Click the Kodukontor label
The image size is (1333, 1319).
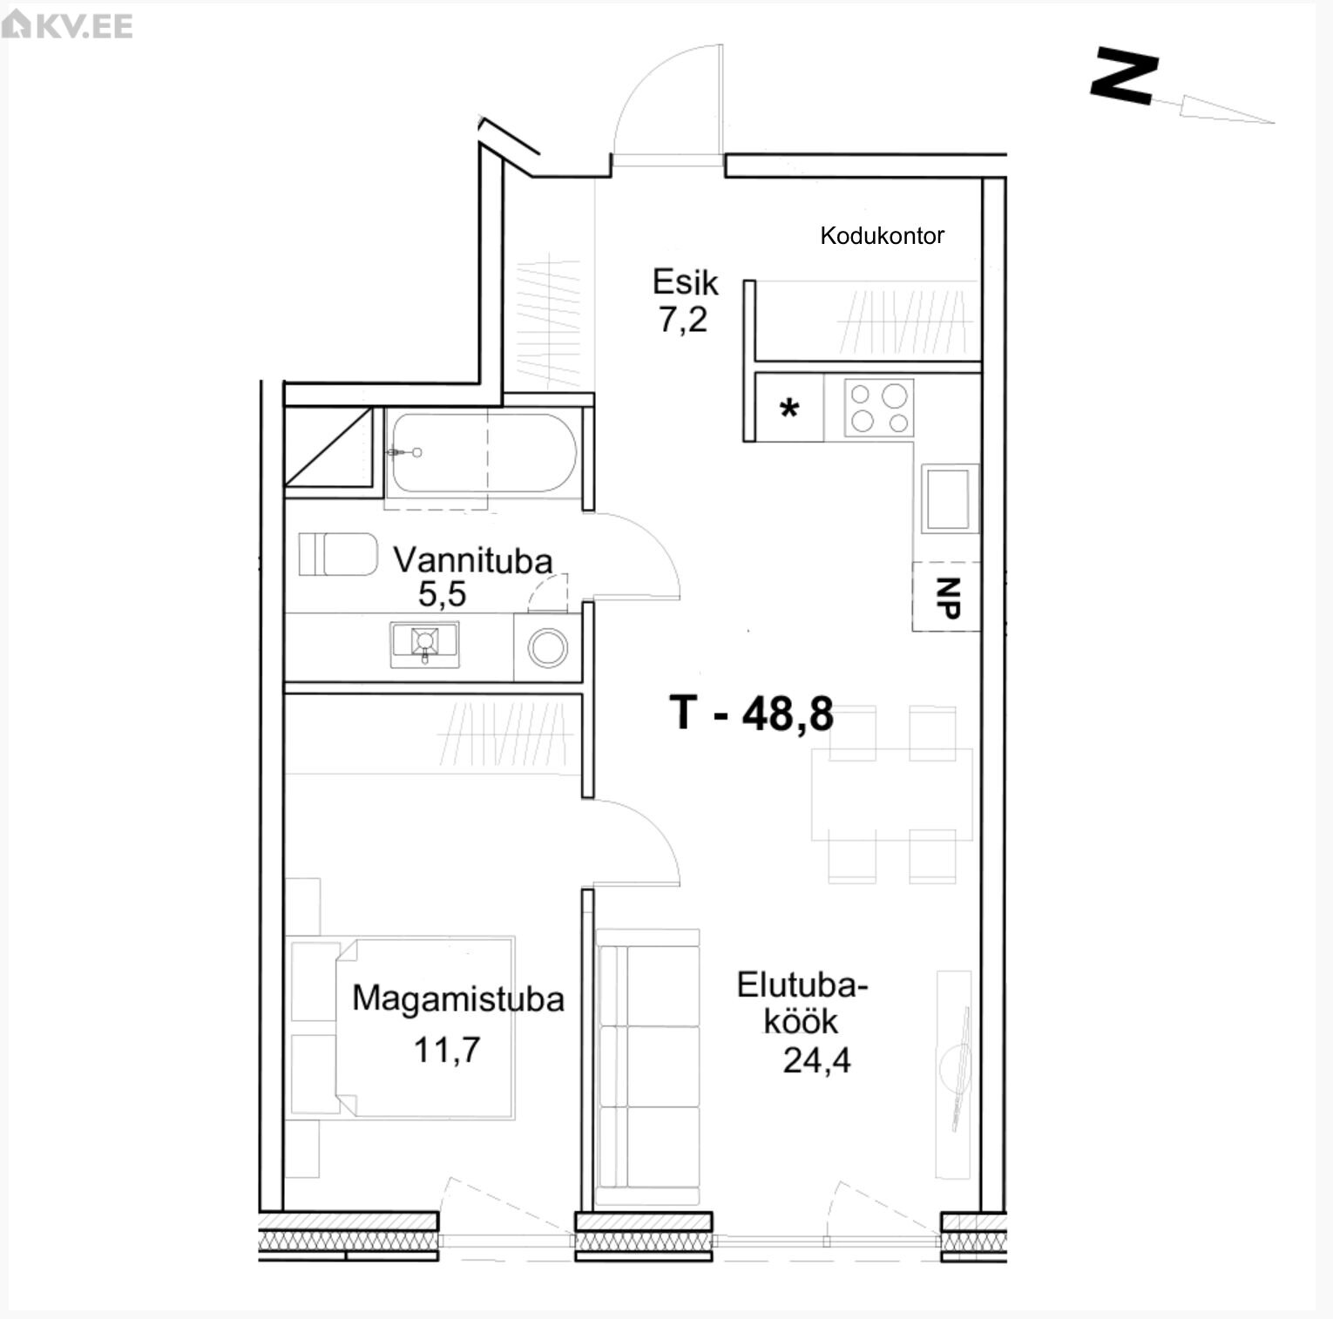882,235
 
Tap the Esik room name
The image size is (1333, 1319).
686,282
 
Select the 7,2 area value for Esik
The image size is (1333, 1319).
683,321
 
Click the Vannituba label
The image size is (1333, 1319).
473,560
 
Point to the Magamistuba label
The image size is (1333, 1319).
458,998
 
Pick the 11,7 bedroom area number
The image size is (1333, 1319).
447,1050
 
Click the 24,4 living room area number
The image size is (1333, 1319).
816,1060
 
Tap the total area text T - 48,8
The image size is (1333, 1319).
752,713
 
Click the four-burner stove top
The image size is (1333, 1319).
878,408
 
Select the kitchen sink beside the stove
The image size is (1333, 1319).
949,498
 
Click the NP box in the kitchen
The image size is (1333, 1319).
946,597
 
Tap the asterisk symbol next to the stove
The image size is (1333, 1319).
789,408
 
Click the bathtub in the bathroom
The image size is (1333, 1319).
482,453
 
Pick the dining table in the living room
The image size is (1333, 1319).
892,794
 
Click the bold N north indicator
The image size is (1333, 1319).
1125,77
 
